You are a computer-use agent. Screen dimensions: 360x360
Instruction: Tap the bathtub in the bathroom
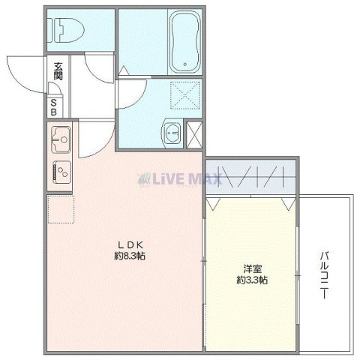click(x=181, y=42)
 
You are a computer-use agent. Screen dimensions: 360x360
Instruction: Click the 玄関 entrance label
click(x=58, y=73)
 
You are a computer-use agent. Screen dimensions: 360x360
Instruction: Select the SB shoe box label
click(x=57, y=105)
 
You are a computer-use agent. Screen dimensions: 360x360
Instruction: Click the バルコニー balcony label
click(x=324, y=274)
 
